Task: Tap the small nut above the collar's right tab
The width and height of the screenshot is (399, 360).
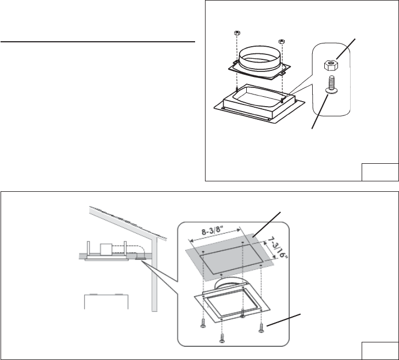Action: click(x=281, y=41)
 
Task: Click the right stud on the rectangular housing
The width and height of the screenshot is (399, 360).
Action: click(x=281, y=99)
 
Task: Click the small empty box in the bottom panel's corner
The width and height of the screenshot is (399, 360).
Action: click(x=380, y=350)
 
